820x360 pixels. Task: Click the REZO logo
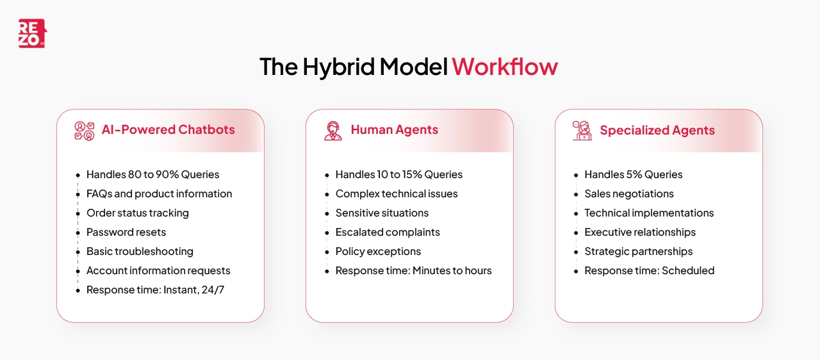pos(32,33)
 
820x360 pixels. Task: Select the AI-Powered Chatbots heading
pos(168,130)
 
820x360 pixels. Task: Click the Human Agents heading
pos(394,130)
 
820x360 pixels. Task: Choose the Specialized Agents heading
pos(657,131)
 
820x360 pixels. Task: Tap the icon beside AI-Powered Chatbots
pos(84,131)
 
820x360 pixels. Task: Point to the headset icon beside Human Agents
pos(333,131)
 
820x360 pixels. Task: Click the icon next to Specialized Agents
pos(582,131)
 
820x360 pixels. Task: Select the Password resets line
pos(126,233)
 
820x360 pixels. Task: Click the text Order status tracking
pos(137,213)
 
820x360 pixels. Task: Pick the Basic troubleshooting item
pos(140,252)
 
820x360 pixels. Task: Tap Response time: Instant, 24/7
pos(155,290)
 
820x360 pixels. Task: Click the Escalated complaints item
pos(388,233)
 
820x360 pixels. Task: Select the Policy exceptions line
pos(378,252)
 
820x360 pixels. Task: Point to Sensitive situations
pos(382,213)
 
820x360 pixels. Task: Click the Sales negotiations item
pos(628,194)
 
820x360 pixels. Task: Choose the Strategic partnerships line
pos(638,252)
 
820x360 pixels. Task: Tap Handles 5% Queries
pos(633,175)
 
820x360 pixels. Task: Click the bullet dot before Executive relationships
pos(576,233)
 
